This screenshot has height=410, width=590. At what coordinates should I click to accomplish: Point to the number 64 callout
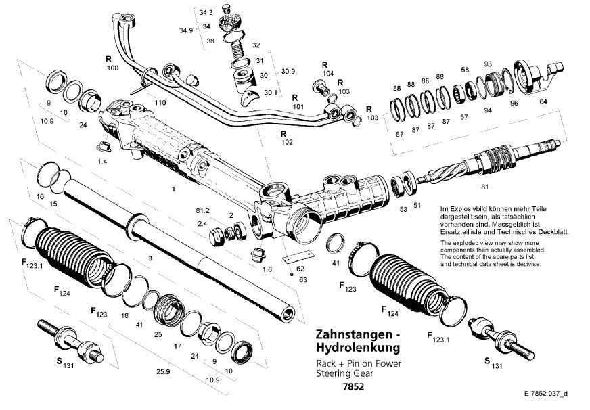(543, 101)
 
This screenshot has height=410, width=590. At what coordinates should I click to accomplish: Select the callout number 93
(487, 64)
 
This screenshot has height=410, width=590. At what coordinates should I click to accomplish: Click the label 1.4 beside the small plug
(102, 162)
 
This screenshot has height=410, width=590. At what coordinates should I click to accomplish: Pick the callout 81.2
(202, 211)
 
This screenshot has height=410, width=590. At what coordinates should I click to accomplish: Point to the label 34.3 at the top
(206, 13)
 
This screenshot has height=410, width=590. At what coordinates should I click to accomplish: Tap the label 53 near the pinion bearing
(403, 209)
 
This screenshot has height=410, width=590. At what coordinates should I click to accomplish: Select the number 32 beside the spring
(256, 45)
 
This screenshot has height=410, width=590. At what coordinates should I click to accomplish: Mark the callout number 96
(514, 104)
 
